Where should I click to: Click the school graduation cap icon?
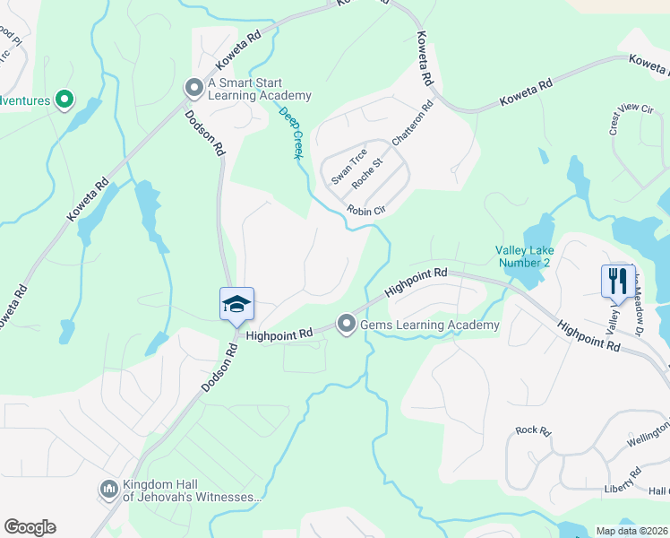click(x=236, y=304)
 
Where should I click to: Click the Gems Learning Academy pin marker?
click(x=348, y=325)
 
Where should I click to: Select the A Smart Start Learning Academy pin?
click(x=193, y=89)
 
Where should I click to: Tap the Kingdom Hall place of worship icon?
click(x=108, y=489)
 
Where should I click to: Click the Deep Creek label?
click(x=290, y=134)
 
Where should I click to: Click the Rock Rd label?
click(x=533, y=430)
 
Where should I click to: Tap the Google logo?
click(x=30, y=527)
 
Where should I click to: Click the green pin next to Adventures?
click(x=64, y=100)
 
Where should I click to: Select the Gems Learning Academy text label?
click(x=430, y=325)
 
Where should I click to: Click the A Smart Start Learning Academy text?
click(x=259, y=90)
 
